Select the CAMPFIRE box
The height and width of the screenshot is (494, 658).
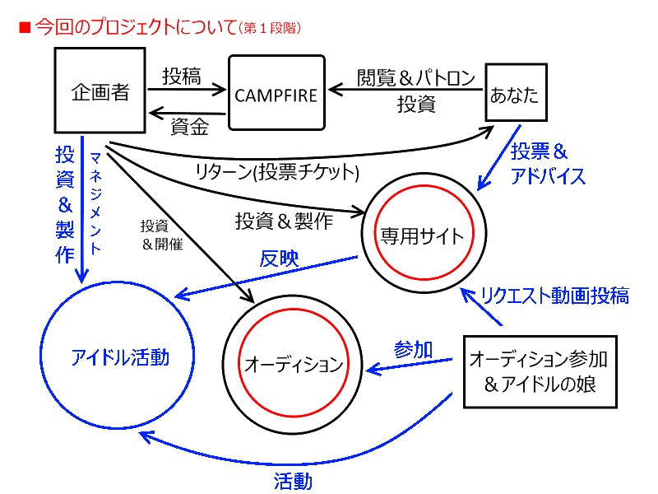pyautogui.click(x=276, y=92)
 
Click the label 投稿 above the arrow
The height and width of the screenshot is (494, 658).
pyautogui.click(x=181, y=77)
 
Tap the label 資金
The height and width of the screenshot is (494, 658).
pyautogui.click(x=189, y=128)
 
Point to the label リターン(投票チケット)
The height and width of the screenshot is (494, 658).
pyautogui.click(x=278, y=172)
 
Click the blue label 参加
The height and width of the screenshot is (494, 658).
pyautogui.click(x=414, y=348)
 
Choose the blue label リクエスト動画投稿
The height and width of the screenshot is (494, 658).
pyautogui.click(x=555, y=296)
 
